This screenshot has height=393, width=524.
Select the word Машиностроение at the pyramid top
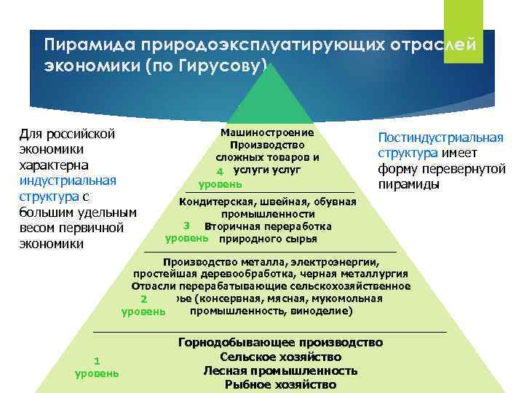[267, 132]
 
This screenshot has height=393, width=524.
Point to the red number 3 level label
[188, 226]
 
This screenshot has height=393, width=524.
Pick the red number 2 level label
[145, 298]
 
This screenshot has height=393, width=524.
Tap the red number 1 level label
[98, 361]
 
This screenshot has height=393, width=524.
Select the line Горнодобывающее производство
[280, 343]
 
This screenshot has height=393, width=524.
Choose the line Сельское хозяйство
[280, 357]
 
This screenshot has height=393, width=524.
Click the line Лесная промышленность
[280, 370]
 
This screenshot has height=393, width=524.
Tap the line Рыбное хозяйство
[280, 384]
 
